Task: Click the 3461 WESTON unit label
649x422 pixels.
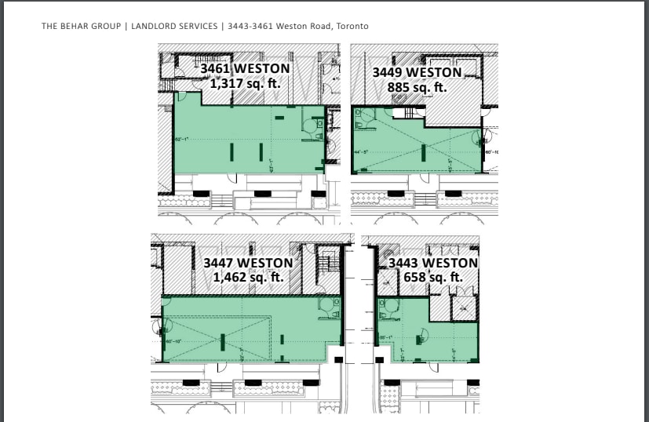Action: [x=245, y=69]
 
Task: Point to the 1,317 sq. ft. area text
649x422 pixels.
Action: [x=245, y=83]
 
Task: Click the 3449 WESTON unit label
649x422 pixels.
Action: [x=417, y=73]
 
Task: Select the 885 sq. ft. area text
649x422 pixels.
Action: [x=417, y=87]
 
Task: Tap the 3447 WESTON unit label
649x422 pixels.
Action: [x=248, y=263]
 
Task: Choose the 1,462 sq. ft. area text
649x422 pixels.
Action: [x=248, y=277]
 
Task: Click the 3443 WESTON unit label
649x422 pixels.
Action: [x=432, y=263]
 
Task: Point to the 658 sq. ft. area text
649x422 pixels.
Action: [x=432, y=277]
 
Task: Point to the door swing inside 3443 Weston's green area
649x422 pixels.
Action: [x=421, y=336]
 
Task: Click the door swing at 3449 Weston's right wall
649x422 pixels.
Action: [x=476, y=140]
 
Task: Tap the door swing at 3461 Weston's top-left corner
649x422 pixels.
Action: [x=180, y=97]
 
